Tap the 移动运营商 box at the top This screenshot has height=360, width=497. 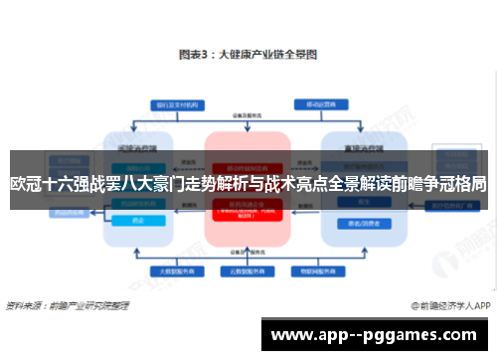[x=319, y=104]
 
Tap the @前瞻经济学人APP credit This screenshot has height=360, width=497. [x=447, y=305]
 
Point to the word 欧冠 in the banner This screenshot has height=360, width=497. [x=27, y=184]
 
